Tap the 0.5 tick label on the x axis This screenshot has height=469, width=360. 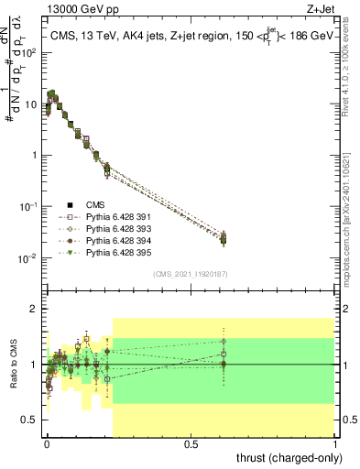[x=191, y=443]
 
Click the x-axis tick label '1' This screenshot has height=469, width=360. [x=335, y=443]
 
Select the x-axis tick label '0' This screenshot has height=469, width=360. [x=47, y=443]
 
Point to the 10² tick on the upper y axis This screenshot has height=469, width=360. [x=27, y=52]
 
